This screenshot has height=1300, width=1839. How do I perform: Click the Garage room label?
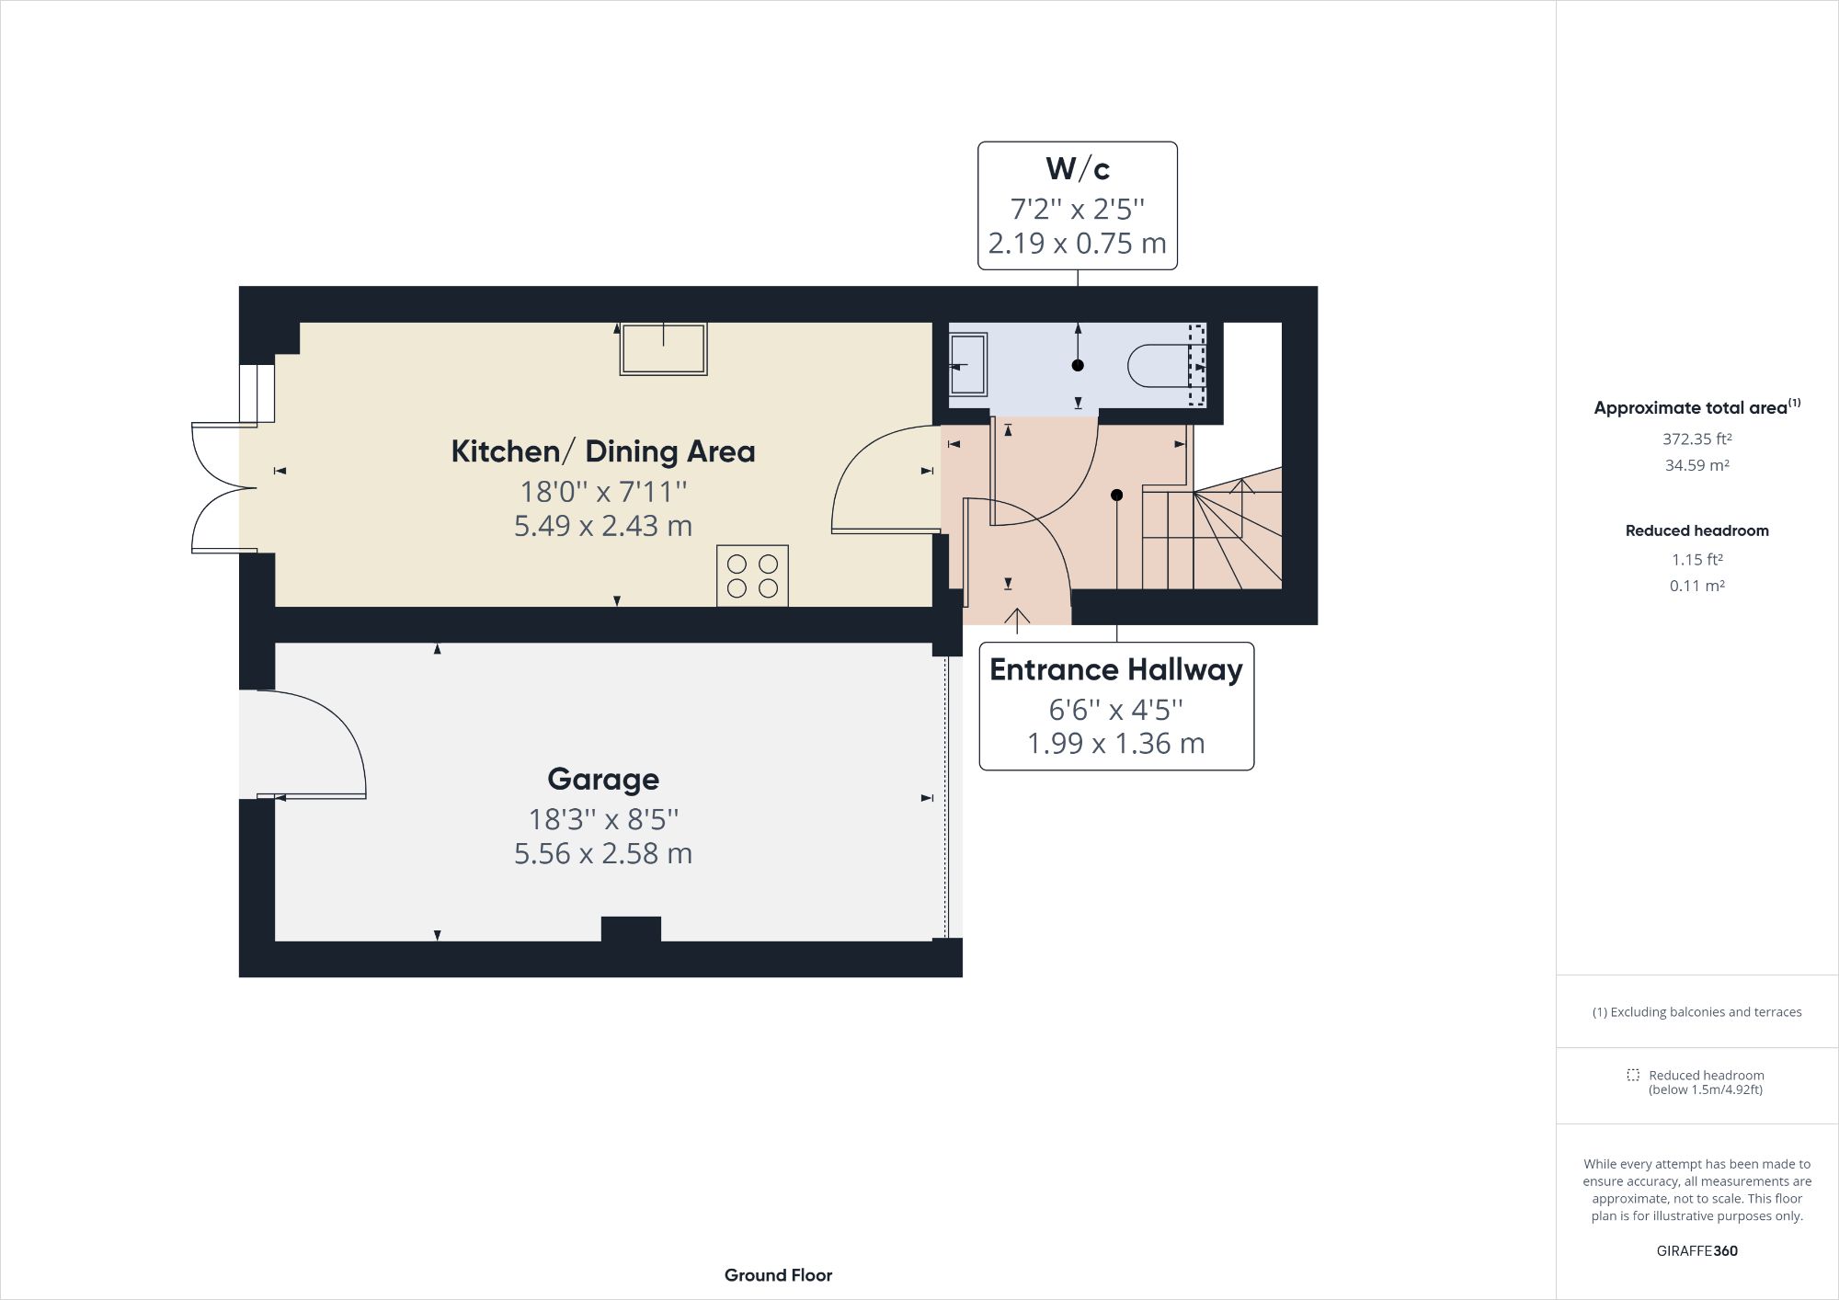[603, 780]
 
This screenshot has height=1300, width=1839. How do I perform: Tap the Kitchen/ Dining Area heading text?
[603, 451]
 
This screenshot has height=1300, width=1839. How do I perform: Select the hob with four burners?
[752, 576]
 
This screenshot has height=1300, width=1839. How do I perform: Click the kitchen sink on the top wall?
[663, 348]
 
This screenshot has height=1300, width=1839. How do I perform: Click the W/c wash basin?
[966, 365]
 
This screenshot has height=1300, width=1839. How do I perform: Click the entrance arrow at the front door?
[1017, 621]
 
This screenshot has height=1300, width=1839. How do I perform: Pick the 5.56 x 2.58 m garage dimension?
[603, 854]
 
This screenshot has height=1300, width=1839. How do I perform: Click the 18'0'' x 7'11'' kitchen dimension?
[603, 492]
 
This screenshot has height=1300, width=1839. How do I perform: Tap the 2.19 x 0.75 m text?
[1077, 244]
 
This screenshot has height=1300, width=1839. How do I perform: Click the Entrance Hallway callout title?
[1115, 670]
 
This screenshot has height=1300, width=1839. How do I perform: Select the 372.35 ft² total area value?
[1696, 439]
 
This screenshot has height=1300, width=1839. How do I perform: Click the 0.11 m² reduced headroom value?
[1696, 586]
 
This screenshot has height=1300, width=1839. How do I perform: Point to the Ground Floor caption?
[778, 1275]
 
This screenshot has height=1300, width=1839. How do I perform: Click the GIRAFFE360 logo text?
[1696, 1250]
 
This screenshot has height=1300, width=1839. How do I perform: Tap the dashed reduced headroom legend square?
[1633, 1075]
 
